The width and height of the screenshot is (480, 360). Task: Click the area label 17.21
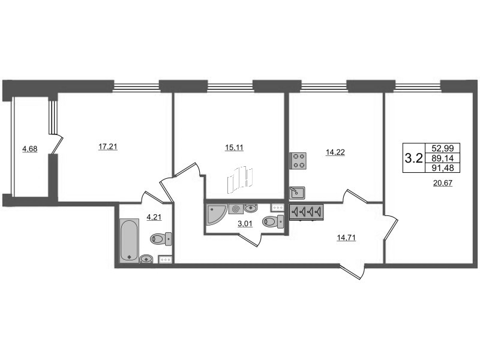(109, 146)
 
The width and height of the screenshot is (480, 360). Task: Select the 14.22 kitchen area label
(335, 152)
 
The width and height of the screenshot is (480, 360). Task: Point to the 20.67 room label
(442, 184)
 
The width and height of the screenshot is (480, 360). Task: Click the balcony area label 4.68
(29, 149)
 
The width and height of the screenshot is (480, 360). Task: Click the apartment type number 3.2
(413, 158)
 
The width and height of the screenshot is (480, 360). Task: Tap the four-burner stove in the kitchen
(298, 160)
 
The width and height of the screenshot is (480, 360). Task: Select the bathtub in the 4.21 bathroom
(129, 241)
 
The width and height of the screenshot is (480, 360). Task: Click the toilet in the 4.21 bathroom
(161, 239)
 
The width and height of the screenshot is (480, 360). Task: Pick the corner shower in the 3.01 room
(215, 212)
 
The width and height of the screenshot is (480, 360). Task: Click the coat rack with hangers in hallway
(307, 212)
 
